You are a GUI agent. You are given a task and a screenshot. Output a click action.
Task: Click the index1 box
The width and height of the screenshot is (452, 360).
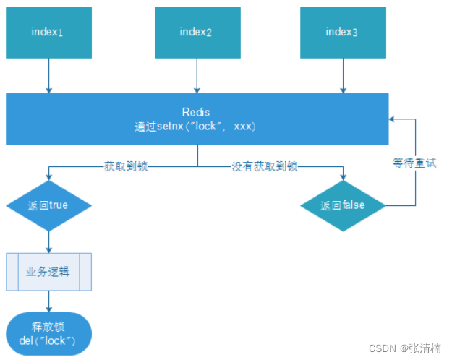pos(48,33)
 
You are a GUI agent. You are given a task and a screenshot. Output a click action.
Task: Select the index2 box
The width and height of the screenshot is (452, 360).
pos(195,33)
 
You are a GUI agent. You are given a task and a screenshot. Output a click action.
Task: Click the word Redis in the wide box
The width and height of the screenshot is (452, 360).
pos(197,113)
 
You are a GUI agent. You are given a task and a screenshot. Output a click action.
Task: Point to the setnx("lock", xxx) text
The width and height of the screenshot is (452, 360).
pos(197,126)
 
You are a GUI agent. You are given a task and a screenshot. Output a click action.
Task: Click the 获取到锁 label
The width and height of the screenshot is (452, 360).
pos(127,167)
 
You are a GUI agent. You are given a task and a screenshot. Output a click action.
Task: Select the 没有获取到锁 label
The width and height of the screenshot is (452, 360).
pos(265,167)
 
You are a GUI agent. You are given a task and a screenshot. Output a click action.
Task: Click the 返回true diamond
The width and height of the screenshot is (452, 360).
pos(48,205)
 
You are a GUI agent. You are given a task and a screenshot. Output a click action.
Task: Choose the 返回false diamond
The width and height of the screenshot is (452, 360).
pos(343,205)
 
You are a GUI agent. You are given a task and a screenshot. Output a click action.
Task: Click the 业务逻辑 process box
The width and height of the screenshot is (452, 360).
pos(48,271)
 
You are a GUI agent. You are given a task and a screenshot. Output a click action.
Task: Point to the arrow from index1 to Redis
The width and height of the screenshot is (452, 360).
pos(48,76)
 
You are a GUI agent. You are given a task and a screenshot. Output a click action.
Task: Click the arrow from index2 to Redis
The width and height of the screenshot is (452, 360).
pos(195,76)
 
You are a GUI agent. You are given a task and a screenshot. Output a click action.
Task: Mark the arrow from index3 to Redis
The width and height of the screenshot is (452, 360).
pos(341,76)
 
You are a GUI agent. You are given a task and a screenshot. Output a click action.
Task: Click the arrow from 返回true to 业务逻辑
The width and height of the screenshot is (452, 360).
pos(48,241)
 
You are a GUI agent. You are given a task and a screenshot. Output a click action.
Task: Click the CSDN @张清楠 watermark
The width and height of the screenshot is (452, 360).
pos(404,348)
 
